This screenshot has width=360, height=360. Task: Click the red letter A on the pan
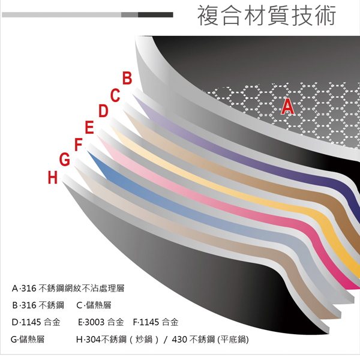[x=288, y=107]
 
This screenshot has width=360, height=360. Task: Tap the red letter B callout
[x=127, y=78]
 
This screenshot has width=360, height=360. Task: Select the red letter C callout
[x=115, y=95]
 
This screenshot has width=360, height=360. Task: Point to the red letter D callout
[x=103, y=111]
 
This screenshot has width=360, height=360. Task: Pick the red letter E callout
[x=90, y=128]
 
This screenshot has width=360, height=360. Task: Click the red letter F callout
[x=78, y=145]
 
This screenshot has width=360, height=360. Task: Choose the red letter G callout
[x=65, y=160]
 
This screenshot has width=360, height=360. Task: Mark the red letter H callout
[x=53, y=178]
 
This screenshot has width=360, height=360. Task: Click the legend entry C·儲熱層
[x=92, y=305]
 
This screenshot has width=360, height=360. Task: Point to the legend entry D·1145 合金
[x=37, y=322]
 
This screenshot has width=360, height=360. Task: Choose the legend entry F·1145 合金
[x=155, y=322]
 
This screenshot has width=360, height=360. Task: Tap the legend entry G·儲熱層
[x=28, y=339]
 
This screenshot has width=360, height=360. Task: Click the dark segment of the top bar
[x=155, y=14]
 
